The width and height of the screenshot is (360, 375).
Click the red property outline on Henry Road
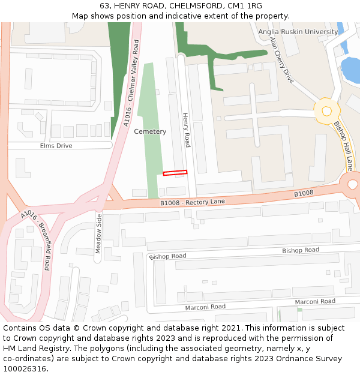point(175,173)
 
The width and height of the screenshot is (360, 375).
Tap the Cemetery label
point(150,131)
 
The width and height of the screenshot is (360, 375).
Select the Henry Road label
point(187,130)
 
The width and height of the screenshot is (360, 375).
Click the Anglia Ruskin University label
point(298,32)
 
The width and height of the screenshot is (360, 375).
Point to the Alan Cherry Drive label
point(282,59)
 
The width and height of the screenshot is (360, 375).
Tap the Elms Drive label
point(56,146)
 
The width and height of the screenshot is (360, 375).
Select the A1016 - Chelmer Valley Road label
point(131,83)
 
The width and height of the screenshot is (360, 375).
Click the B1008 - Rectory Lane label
point(192,202)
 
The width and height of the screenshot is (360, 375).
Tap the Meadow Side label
point(98,234)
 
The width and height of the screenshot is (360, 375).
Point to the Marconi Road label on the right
point(315,301)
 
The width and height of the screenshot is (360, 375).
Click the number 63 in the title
point(104,6)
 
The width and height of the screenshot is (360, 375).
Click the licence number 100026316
point(24,368)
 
